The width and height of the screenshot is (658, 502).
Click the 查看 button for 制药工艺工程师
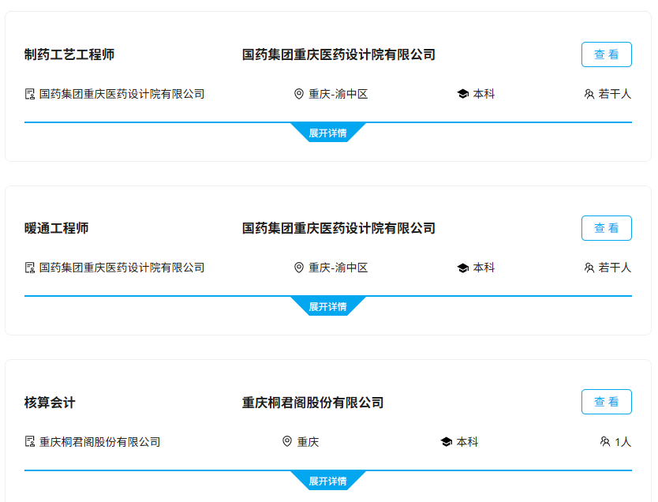coord(607,54)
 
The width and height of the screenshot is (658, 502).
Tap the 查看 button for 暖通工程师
coord(607,228)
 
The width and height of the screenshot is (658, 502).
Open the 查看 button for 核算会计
coord(607,402)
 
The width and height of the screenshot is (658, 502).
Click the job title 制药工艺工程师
coord(69,54)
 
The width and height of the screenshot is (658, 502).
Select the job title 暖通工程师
coord(56,228)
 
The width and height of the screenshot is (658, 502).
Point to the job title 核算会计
coord(50,403)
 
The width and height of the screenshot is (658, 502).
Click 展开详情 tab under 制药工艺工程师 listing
coord(327,133)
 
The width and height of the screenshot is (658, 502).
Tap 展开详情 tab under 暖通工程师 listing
coord(327,306)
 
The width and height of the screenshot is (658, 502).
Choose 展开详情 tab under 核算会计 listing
coord(327,481)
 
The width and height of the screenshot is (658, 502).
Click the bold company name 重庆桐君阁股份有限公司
coord(312,403)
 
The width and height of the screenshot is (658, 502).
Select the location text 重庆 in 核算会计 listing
coord(308,442)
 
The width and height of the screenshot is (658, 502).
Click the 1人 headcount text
coord(623,442)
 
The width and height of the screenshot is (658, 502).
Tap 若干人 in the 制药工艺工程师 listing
coord(615,94)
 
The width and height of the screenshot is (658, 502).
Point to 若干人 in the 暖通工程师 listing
coord(615,268)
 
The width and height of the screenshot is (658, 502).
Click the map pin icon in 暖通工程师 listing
coord(299,268)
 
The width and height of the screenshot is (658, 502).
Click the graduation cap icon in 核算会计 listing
coord(446,442)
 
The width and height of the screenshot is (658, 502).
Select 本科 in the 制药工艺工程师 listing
coord(484,94)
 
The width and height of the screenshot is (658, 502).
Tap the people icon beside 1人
coord(604,441)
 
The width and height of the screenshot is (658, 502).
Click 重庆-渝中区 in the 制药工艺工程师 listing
coord(338,94)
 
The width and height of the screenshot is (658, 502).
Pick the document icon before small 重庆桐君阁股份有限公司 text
coord(30,441)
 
